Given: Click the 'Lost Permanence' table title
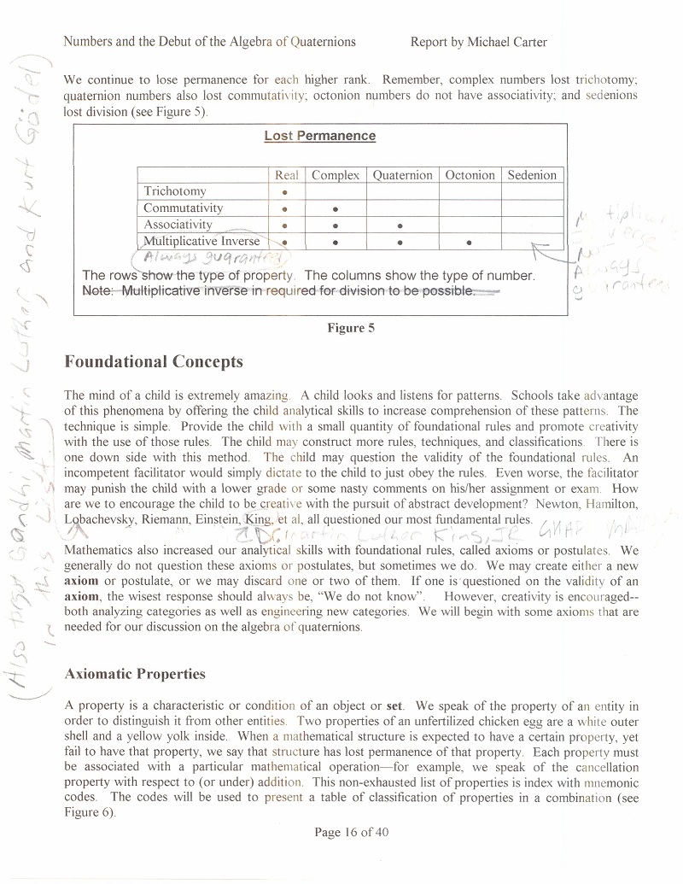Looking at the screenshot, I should (319, 136).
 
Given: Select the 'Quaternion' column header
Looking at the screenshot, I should (402, 175).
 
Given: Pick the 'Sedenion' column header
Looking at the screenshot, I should (532, 175).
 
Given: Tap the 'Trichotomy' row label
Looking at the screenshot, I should (175, 191).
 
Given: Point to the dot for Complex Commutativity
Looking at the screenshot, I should (336, 208).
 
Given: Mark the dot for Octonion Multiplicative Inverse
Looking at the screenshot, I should (470, 242).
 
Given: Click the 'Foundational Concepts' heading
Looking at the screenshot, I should (154, 362).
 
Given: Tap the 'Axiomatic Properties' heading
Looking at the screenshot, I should (135, 674).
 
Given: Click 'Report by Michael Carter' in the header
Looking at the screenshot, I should (478, 42).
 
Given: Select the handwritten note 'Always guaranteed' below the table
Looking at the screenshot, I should (190, 259).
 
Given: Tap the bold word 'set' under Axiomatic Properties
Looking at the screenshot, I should (394, 706).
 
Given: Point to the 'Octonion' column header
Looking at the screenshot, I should (470, 175).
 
